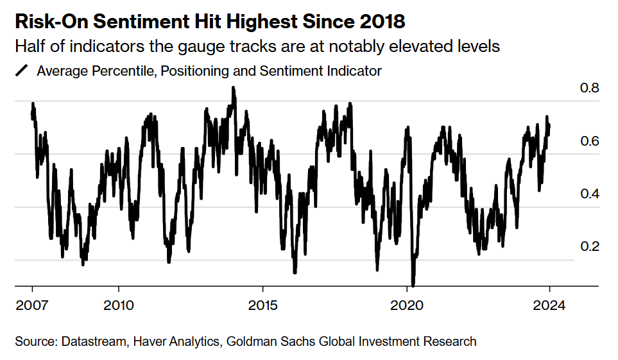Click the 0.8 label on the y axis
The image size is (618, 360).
[x=590, y=88]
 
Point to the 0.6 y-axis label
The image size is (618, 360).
[x=590, y=141]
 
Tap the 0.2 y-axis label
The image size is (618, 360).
[x=590, y=247]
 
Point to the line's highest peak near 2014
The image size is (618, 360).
[x=234, y=87]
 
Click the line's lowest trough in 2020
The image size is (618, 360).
[x=413, y=284]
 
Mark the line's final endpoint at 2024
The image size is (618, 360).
[x=549, y=125]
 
